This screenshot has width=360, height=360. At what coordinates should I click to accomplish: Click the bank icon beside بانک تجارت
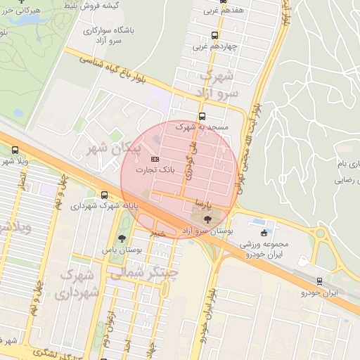[155, 159]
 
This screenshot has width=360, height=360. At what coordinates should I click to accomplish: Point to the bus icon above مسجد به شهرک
[202, 117]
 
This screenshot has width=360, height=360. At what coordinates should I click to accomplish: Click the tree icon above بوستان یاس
[122, 239]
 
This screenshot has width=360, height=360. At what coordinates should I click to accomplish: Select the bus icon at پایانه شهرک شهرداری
[105, 195]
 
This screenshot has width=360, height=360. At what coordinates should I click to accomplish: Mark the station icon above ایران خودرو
[320, 281]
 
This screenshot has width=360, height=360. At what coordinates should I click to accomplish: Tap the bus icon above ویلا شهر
[15, 150]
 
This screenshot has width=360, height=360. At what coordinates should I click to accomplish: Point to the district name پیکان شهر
[113, 148]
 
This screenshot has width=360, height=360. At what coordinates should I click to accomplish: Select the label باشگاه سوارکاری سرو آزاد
[103, 35]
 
